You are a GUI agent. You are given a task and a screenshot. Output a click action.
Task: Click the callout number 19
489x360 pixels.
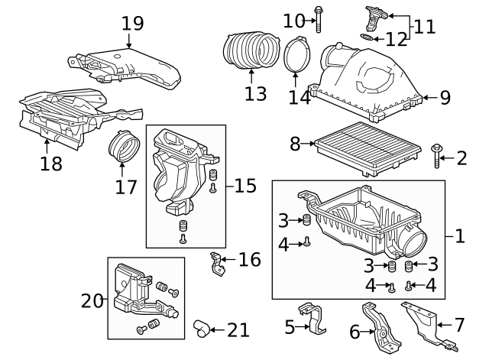click(132, 23)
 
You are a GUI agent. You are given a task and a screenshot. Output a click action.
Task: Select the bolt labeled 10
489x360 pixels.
click(317, 19)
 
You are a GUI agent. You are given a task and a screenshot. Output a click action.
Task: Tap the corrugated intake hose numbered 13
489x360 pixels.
click(251, 50)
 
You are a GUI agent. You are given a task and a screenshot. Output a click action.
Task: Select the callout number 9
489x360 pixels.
click(445, 97)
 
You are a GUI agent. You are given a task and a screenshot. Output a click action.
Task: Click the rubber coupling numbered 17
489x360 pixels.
click(122, 149)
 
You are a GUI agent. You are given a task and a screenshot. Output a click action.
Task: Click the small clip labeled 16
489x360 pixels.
click(218, 263)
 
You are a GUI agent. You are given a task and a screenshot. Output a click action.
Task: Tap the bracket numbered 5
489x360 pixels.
click(315, 319)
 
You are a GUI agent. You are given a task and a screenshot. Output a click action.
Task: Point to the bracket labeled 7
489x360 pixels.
click(422, 322)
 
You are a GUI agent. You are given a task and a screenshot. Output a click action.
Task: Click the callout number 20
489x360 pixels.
click(92, 301)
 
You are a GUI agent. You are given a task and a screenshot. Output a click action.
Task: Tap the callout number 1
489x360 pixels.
click(459, 237)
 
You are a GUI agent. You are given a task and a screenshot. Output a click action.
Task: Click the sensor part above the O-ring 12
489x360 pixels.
click(375, 15)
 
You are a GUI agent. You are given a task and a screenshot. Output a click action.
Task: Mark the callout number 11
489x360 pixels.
click(424, 28)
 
